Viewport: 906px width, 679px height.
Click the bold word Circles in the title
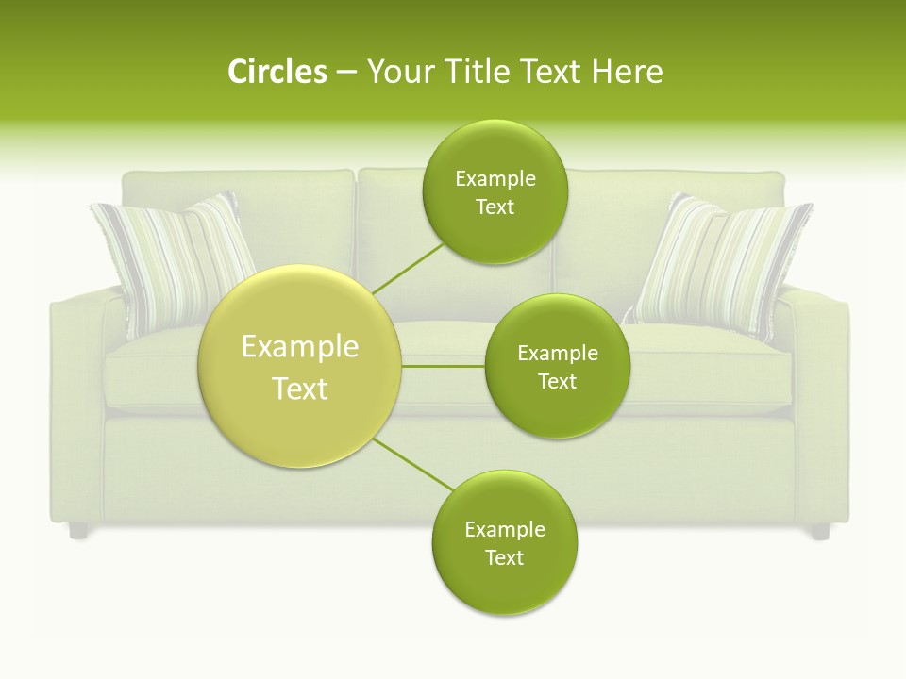[277, 72]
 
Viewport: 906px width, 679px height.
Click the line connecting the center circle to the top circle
[408, 268]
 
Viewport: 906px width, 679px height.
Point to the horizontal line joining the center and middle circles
[444, 366]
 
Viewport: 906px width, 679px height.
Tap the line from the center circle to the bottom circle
[412, 464]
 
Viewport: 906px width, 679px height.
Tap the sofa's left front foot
[78, 531]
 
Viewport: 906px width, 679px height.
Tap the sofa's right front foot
[820, 532]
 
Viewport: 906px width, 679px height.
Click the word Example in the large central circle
[300, 347]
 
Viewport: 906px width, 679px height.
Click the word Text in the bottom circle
[504, 557]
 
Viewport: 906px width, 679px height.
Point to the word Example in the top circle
[495, 178]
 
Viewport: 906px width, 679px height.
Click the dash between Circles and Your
[345, 73]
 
